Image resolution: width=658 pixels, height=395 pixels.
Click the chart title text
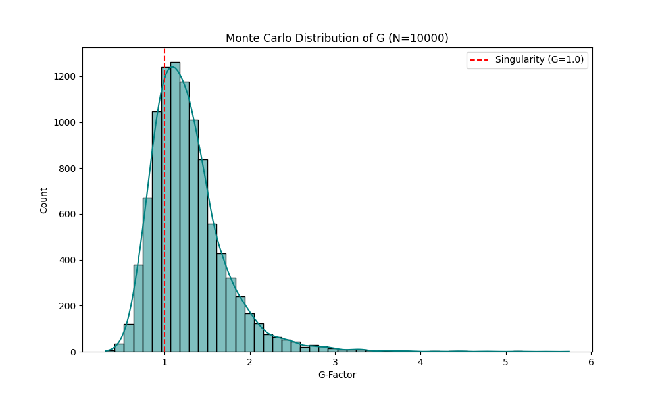337,38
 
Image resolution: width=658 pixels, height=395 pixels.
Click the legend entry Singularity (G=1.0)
539,59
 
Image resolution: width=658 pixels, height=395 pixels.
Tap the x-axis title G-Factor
337,375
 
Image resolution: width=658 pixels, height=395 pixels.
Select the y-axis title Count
44,200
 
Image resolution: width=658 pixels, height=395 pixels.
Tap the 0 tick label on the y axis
74,352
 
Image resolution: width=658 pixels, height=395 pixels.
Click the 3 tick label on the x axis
335,363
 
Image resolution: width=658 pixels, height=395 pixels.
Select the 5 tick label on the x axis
505,363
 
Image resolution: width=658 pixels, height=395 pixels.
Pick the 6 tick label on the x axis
591,363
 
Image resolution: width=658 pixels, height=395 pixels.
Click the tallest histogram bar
175,211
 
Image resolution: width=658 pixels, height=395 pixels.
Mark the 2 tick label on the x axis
250,363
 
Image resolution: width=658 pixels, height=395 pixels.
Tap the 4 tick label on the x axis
420,363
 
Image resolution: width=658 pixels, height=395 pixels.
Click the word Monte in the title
240,38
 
